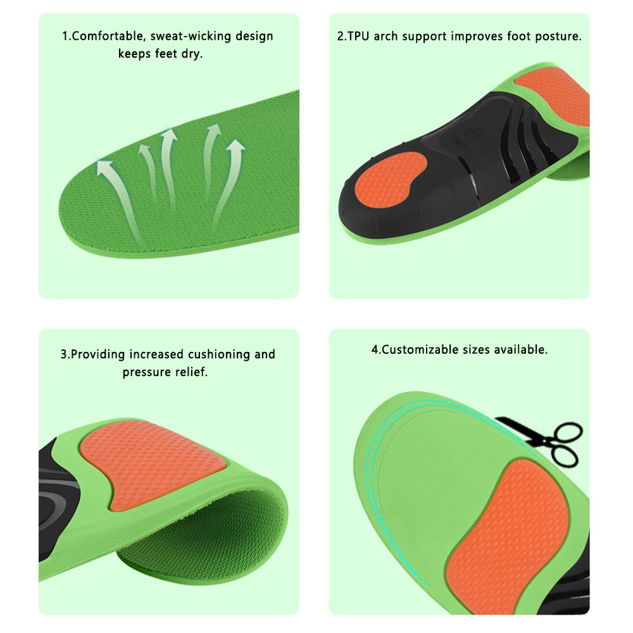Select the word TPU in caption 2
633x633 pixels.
point(360,36)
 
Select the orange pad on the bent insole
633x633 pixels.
point(152,462)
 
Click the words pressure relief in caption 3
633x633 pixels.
point(165,372)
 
